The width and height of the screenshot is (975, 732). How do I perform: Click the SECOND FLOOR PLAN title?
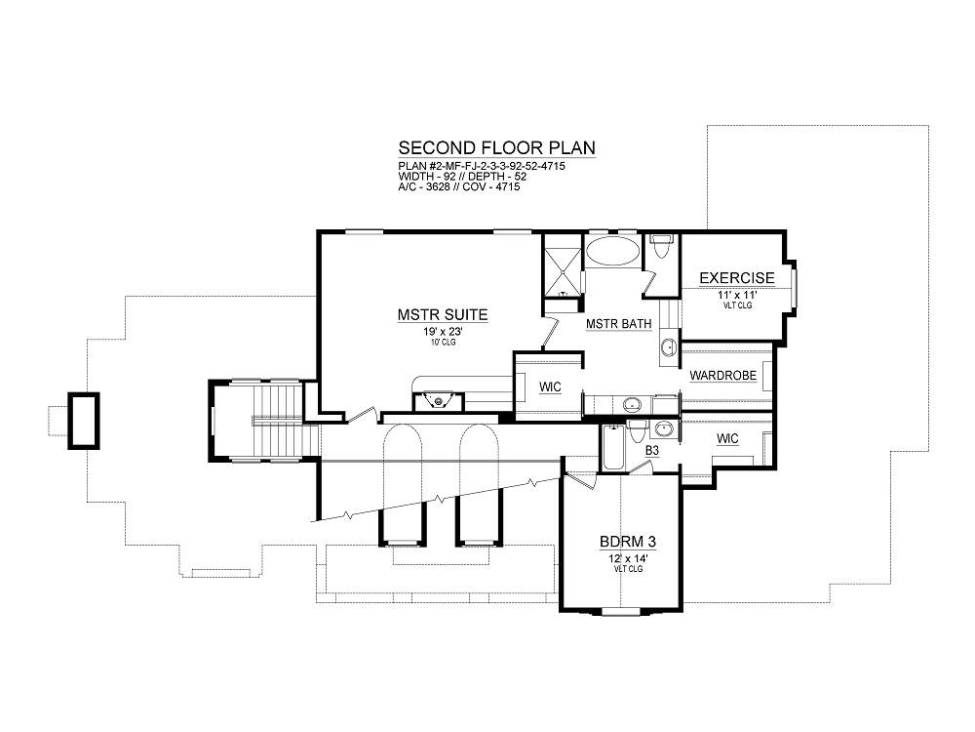tap(497, 148)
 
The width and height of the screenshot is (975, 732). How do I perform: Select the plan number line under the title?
tap(482, 167)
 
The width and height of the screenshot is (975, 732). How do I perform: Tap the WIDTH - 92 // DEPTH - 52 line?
tap(462, 177)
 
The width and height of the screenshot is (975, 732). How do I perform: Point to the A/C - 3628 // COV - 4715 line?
tap(459, 186)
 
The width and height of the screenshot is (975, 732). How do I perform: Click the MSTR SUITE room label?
tap(443, 315)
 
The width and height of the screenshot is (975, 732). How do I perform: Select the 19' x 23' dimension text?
tap(443, 332)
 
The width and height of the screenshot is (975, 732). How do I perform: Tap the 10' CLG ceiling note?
tap(443, 343)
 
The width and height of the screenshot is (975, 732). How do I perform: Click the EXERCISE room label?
tap(737, 278)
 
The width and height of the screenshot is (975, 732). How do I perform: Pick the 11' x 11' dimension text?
tap(737, 296)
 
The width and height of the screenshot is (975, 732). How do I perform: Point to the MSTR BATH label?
tap(619, 324)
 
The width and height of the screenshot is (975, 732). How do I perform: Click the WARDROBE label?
tap(723, 376)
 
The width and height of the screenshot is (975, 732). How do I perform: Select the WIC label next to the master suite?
tap(550, 387)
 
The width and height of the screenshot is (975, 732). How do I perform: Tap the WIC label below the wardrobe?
tap(727, 439)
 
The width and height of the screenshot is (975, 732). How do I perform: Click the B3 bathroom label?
tap(651, 450)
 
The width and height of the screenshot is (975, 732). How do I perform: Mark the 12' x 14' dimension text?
tap(628, 559)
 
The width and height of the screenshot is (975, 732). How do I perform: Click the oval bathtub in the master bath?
tap(613, 252)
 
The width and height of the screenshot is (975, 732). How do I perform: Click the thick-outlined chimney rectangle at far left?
tap(83, 420)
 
